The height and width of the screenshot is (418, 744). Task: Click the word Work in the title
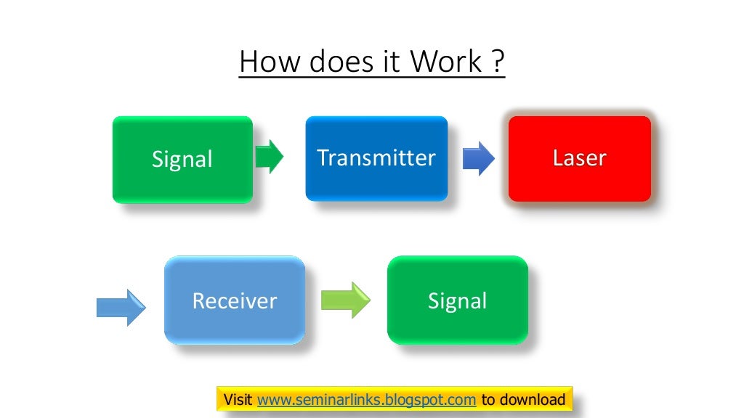click(445, 62)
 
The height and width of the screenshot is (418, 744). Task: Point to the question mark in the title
click(497, 62)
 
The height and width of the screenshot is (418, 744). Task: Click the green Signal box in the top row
click(182, 159)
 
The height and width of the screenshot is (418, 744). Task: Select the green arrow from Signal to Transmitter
click(270, 156)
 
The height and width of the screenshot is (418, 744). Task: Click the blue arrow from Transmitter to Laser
click(478, 158)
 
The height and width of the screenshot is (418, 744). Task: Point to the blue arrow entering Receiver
click(121, 308)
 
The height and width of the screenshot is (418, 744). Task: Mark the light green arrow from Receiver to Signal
click(345, 300)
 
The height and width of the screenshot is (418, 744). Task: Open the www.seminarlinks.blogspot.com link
click(367, 400)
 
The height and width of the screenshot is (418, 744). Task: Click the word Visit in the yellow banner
click(238, 400)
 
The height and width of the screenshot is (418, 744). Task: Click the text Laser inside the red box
click(579, 158)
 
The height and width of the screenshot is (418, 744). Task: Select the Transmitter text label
click(376, 157)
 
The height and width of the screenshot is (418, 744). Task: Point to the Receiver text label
click(234, 300)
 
